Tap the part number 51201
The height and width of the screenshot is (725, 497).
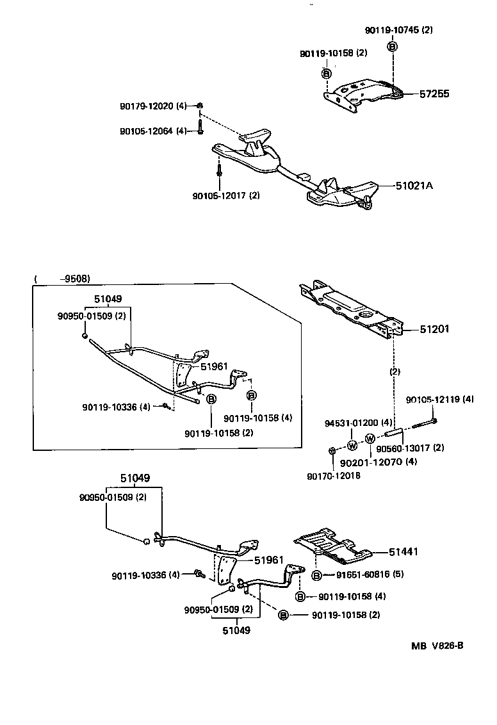click(434, 329)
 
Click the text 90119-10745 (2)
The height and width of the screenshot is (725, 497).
click(398, 30)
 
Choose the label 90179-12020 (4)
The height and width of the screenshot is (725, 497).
click(153, 106)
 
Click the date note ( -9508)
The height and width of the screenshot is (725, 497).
click(62, 279)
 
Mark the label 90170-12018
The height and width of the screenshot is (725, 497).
click(334, 476)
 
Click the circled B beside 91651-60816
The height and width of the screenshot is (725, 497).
click(316, 575)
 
